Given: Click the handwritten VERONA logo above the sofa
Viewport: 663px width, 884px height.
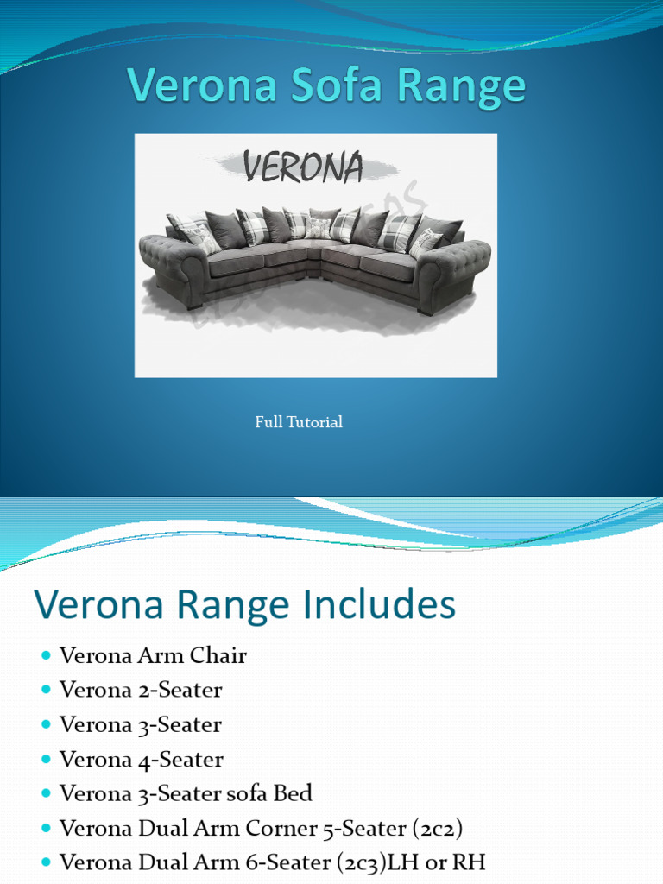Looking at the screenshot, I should pos(303,167).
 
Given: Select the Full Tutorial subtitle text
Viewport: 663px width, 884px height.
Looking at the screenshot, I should pos(299,422).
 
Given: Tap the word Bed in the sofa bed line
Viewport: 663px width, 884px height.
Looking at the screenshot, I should pos(294,793).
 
